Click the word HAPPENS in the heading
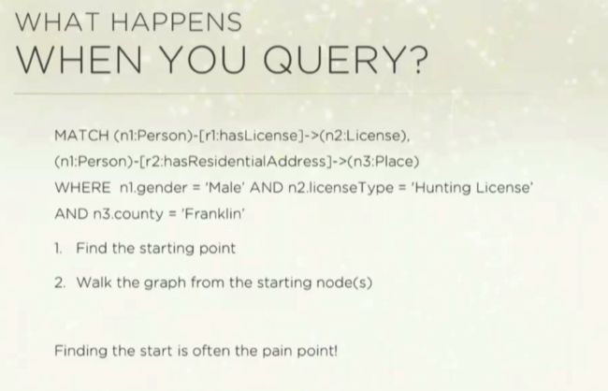[177, 22]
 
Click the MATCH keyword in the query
[81, 136]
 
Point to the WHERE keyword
[82, 188]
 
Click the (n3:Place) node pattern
[384, 162]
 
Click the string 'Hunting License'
[472, 188]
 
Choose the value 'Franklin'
[213, 213]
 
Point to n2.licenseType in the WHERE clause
[340, 188]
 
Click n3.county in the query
[128, 214]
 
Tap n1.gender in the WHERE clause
[154, 189]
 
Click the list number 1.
[58, 248]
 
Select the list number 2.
[60, 282]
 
